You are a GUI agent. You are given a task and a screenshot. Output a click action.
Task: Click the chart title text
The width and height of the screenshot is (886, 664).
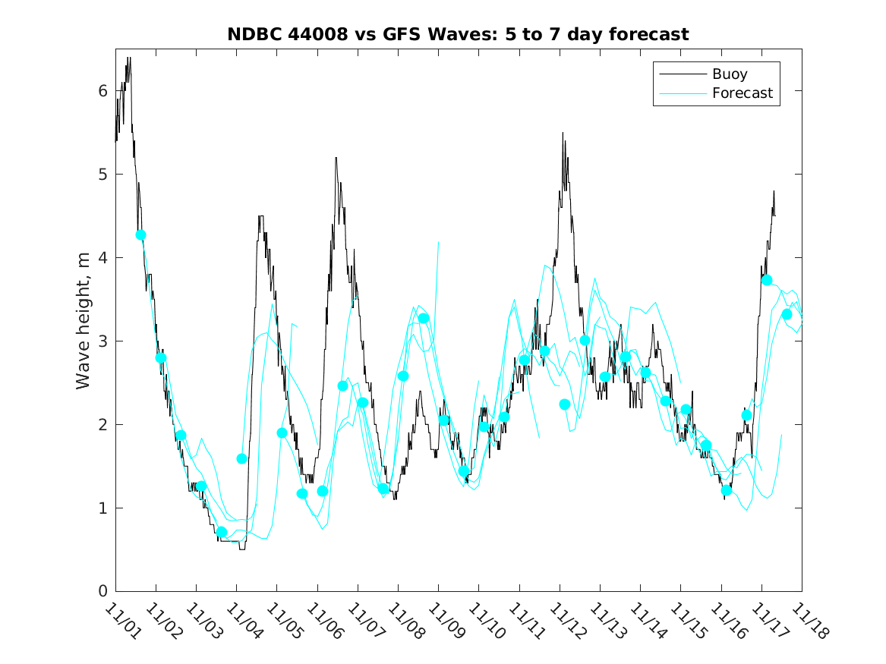(458, 35)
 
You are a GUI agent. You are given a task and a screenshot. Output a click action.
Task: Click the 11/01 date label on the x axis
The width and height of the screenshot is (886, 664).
(121, 621)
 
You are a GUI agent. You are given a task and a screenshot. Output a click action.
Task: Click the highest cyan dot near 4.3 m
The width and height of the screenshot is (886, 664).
(140, 235)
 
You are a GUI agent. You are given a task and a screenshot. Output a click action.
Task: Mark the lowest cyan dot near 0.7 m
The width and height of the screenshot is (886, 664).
(222, 532)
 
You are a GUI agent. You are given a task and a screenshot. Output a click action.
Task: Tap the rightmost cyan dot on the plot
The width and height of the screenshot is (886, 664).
(787, 314)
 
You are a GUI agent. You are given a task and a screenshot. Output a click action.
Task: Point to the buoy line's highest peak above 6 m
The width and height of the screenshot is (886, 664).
(129, 58)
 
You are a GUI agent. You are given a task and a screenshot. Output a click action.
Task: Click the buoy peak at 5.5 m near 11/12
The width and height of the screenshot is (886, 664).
(563, 134)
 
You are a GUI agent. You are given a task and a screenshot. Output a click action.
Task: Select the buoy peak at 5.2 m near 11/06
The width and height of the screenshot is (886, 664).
(336, 158)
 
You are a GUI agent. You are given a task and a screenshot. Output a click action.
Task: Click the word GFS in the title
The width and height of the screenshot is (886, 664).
(400, 35)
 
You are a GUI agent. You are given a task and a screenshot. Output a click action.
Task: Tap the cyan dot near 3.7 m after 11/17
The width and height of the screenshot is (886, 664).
(767, 280)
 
